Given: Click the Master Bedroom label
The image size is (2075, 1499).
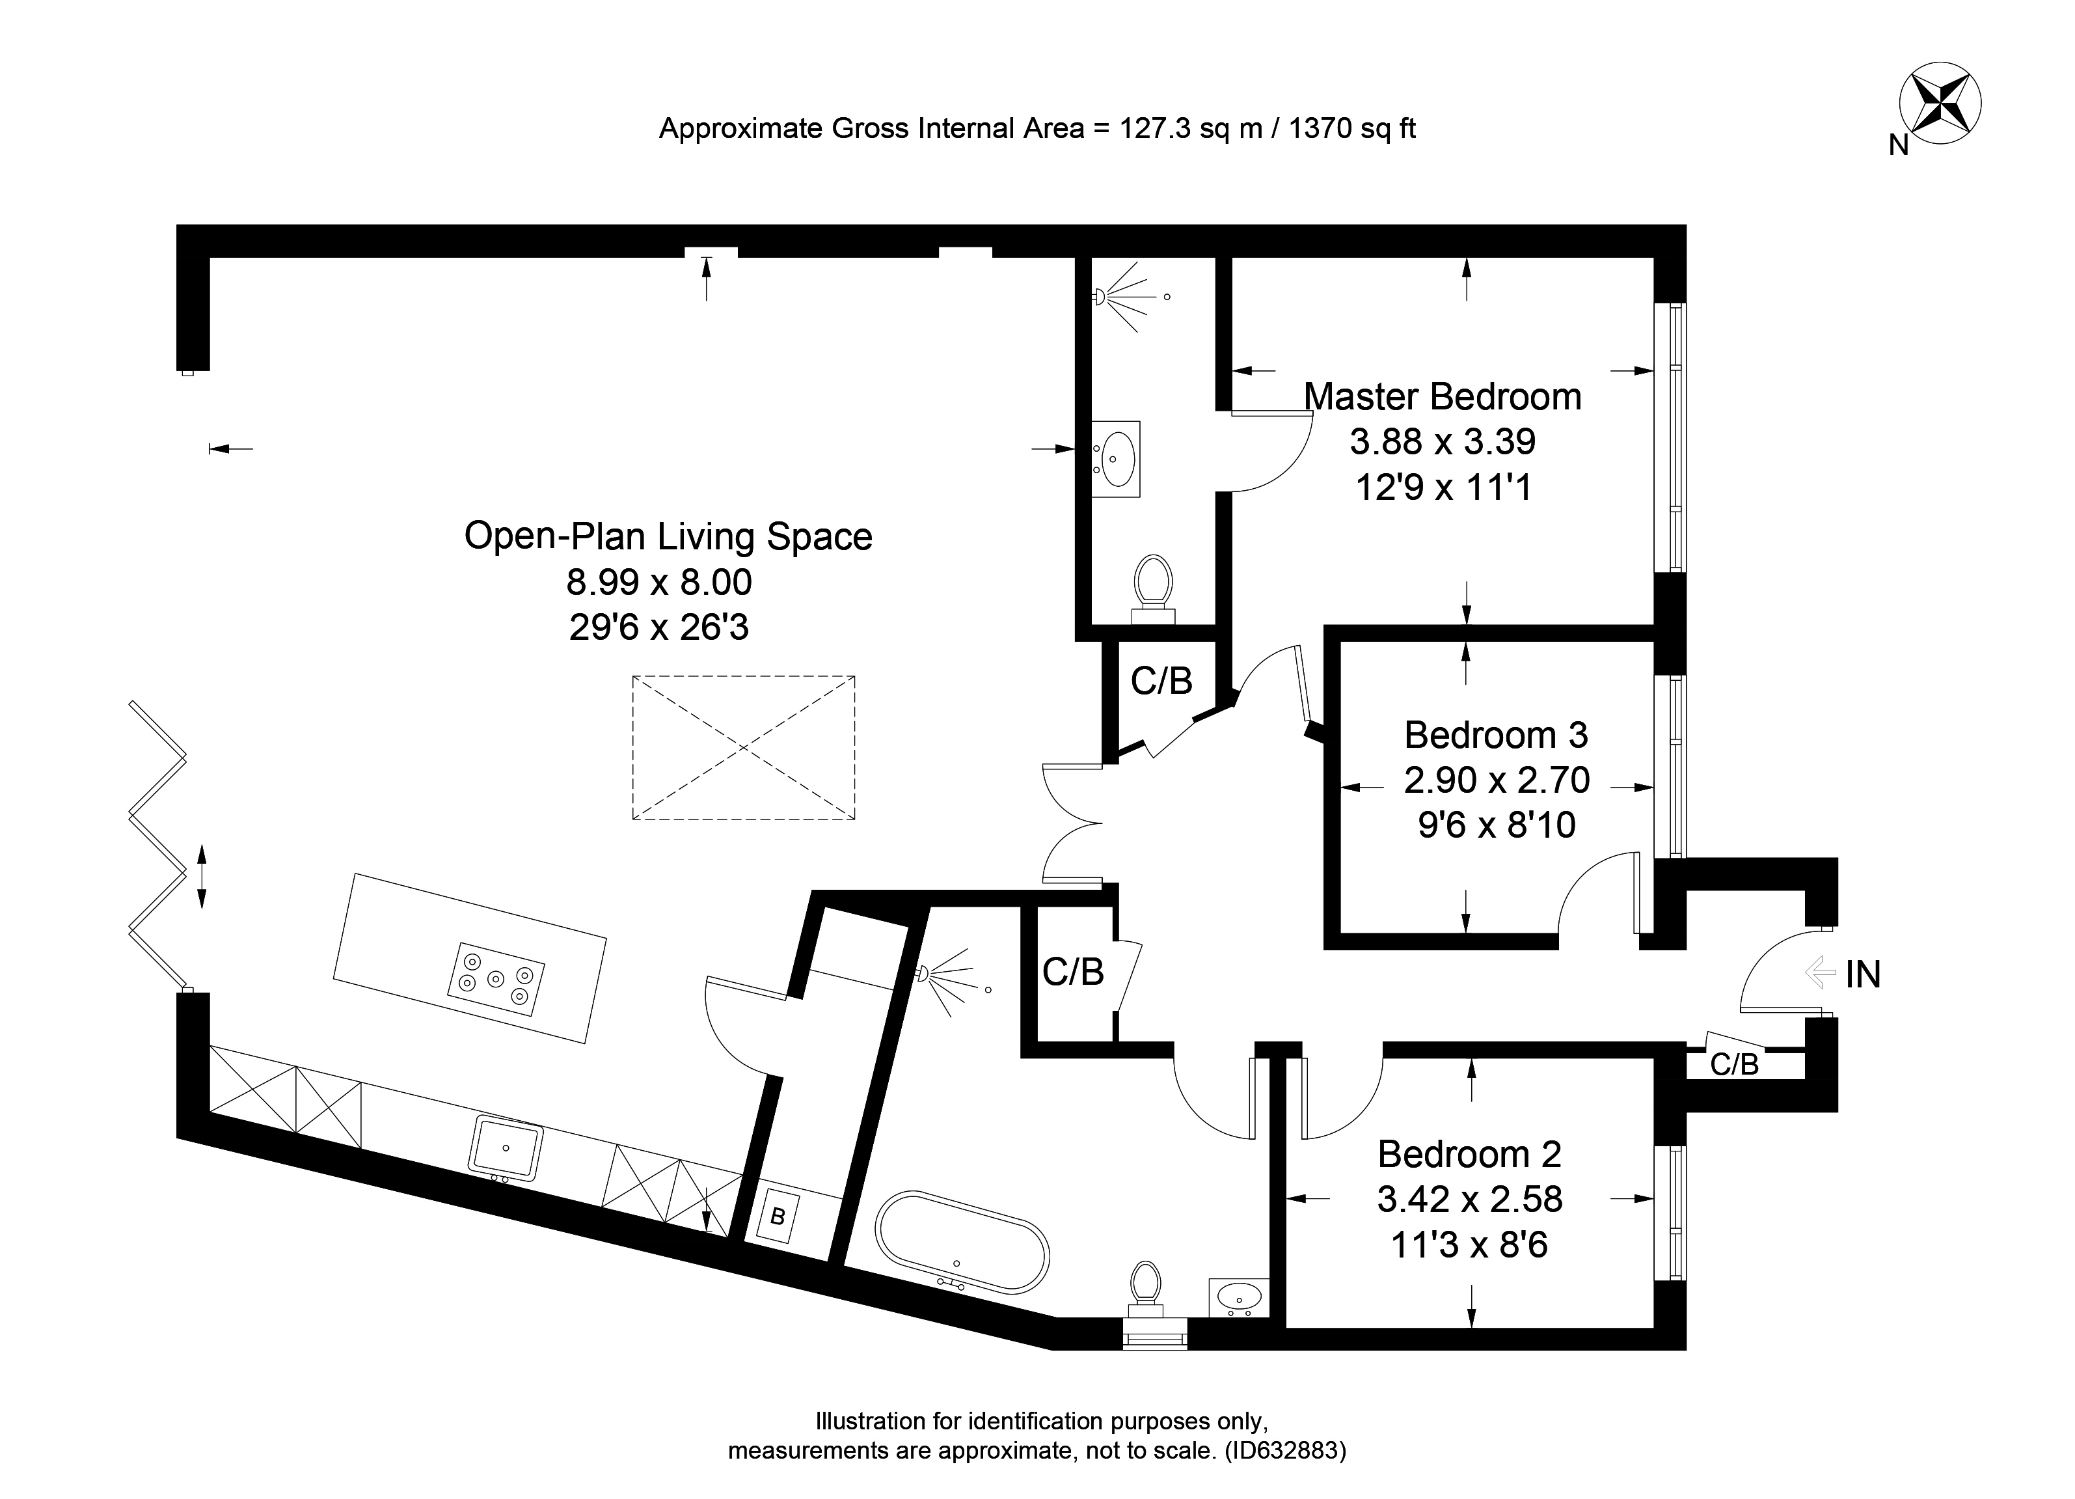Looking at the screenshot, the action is point(1443,397).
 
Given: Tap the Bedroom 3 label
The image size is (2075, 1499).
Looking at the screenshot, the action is point(1496,735).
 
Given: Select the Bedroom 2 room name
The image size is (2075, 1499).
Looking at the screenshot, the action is point(1469,1154).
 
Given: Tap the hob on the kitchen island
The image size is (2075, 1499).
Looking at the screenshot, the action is point(496,979).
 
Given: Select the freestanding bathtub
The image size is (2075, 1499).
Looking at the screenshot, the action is point(962,1242).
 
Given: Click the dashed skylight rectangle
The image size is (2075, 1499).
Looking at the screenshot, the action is point(743,748).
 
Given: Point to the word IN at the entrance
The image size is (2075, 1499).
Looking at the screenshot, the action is point(1863,976).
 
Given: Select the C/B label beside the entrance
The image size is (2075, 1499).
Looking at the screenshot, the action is point(1735,1064).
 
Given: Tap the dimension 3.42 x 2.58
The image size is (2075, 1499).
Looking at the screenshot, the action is point(1469,1199).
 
